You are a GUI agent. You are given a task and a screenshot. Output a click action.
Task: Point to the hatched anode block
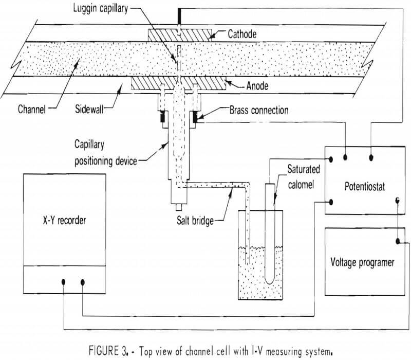click(x=154, y=82)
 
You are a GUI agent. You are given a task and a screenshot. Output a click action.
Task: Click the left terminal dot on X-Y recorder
click(x=63, y=281)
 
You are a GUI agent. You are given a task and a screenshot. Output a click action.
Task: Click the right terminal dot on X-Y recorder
click(x=83, y=281)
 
